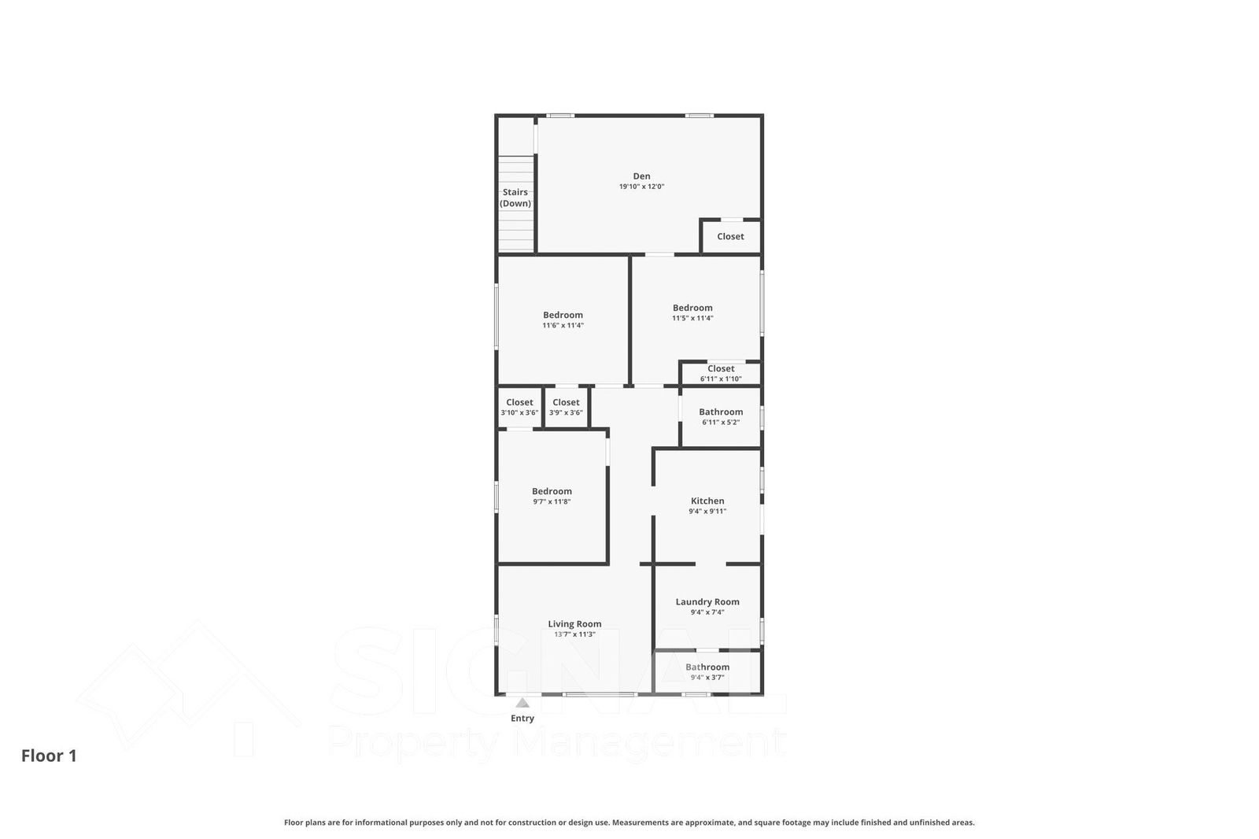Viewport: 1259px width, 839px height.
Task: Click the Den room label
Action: click(641, 176)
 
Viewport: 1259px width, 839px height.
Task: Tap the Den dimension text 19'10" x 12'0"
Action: click(641, 187)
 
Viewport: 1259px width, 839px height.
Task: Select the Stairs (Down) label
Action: click(515, 198)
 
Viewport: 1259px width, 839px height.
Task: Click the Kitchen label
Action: click(707, 501)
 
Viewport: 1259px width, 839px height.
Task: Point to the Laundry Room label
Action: click(707, 601)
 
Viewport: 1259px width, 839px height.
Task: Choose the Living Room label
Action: click(574, 623)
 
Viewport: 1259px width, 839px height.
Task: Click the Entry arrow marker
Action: click(522, 703)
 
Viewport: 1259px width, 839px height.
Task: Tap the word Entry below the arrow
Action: click(522, 718)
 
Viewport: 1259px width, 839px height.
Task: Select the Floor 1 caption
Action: click(49, 756)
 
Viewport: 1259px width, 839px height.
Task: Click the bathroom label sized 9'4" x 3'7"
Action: click(707, 667)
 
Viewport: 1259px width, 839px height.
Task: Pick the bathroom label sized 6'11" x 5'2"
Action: click(721, 412)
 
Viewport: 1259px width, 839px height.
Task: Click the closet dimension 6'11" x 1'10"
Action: click(721, 379)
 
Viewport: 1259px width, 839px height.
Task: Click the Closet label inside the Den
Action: click(730, 237)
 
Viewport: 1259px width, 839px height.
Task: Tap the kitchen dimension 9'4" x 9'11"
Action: click(707, 512)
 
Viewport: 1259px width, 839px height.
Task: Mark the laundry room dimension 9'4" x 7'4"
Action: click(707, 612)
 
